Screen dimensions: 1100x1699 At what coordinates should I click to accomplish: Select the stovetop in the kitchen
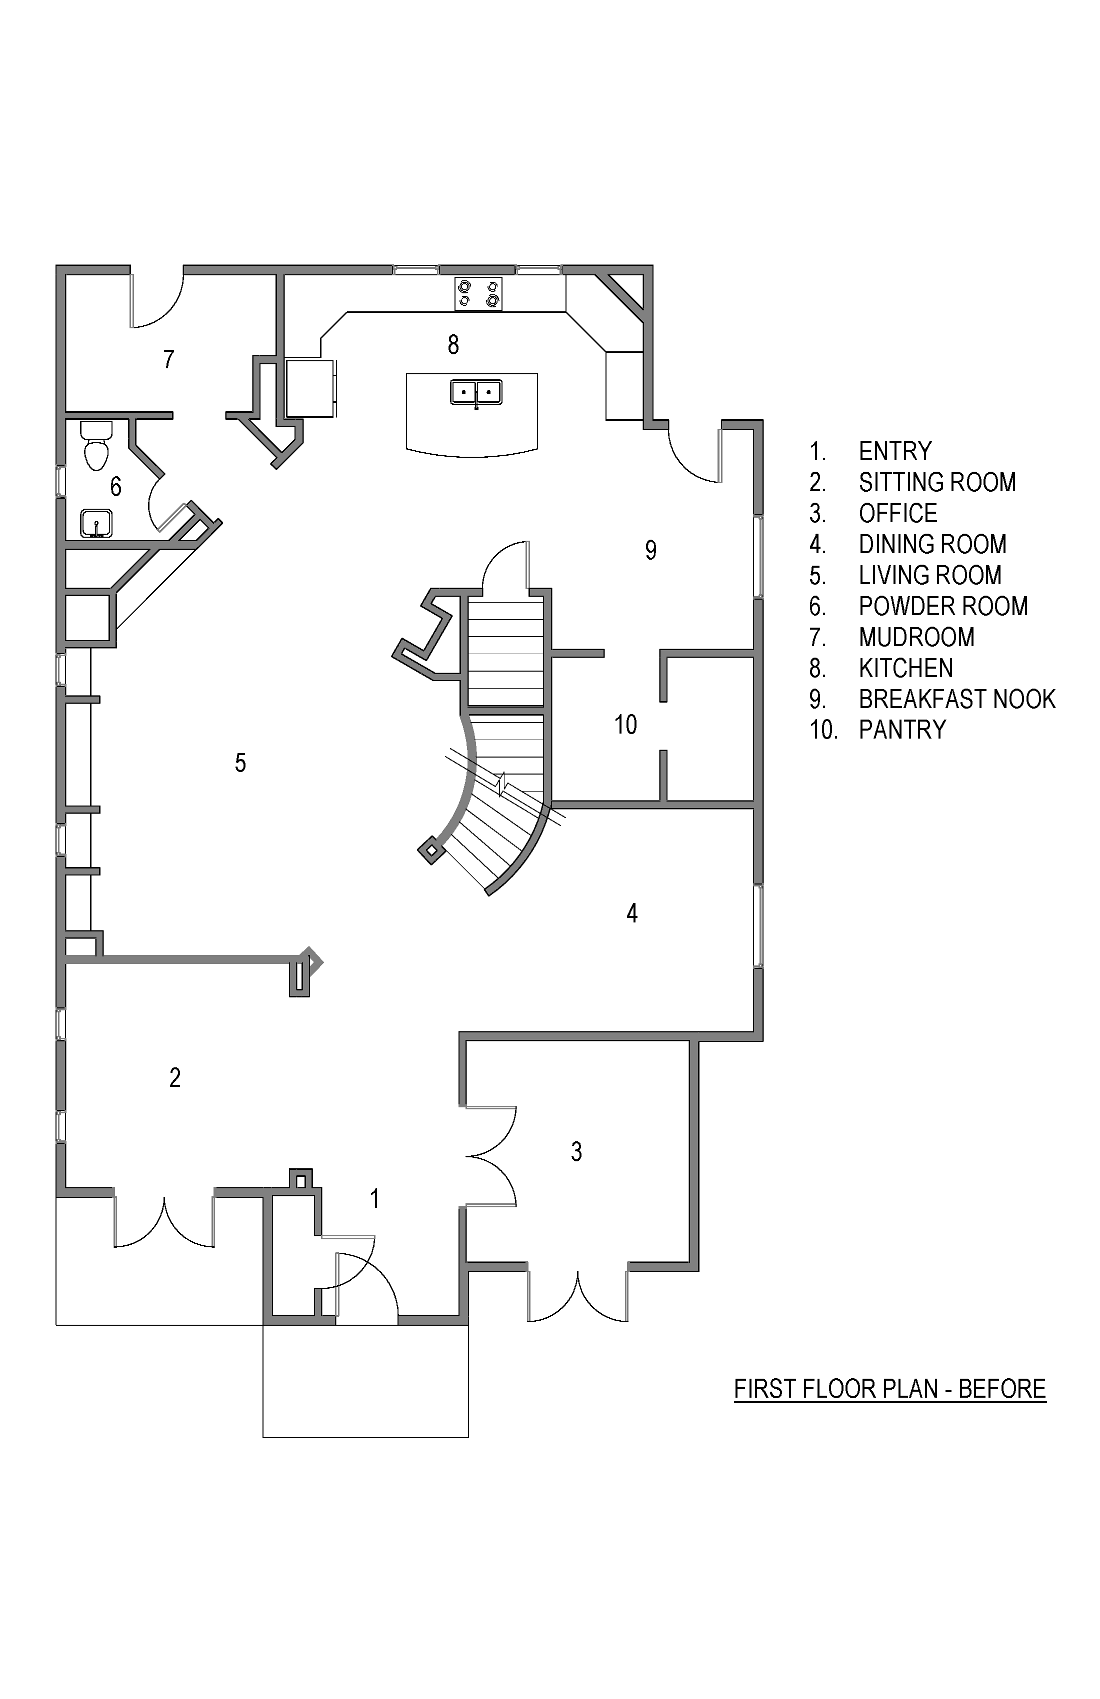pyautogui.click(x=478, y=293)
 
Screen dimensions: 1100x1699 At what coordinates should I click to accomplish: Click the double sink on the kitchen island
pyautogui.click(x=475, y=393)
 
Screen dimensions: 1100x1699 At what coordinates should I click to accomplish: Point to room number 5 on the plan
pyautogui.click(x=240, y=763)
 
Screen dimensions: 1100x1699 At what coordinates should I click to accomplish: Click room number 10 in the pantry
pyautogui.click(x=625, y=725)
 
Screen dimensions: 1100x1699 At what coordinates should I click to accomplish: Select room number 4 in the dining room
pyautogui.click(x=632, y=913)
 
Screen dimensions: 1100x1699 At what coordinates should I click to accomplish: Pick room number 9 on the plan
pyautogui.click(x=650, y=550)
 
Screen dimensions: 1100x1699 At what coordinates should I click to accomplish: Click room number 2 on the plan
pyautogui.click(x=175, y=1078)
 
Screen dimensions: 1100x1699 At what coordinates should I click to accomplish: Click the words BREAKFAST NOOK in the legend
pyautogui.click(x=956, y=699)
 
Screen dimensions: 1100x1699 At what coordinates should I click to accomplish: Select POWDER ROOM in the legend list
pyautogui.click(x=943, y=606)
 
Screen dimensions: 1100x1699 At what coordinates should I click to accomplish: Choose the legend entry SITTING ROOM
pyautogui.click(x=937, y=483)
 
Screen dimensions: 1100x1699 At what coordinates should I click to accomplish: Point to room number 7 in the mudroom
pyautogui.click(x=168, y=359)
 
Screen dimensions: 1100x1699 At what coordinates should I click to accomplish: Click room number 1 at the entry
pyautogui.click(x=375, y=1199)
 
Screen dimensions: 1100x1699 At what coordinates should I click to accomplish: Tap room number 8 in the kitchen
pyautogui.click(x=453, y=345)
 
